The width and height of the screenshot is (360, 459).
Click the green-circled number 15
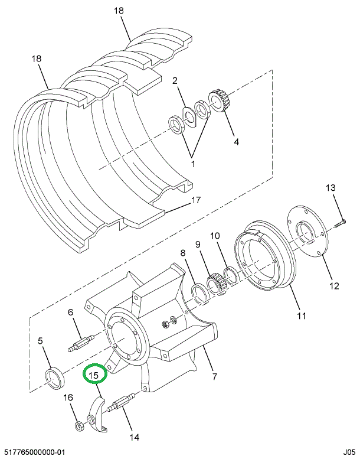tap(94, 374)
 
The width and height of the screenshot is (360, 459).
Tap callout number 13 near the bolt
tap(331, 188)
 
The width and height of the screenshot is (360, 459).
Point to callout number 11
tap(302, 315)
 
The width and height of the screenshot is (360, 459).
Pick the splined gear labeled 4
tap(217, 100)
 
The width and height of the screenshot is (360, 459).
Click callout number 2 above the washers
tap(175, 80)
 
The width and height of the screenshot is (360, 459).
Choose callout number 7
tap(214, 376)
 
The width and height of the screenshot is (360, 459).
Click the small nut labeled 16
tap(77, 425)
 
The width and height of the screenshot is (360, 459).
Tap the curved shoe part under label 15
tap(97, 417)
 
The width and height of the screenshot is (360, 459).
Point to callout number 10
tap(215, 236)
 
